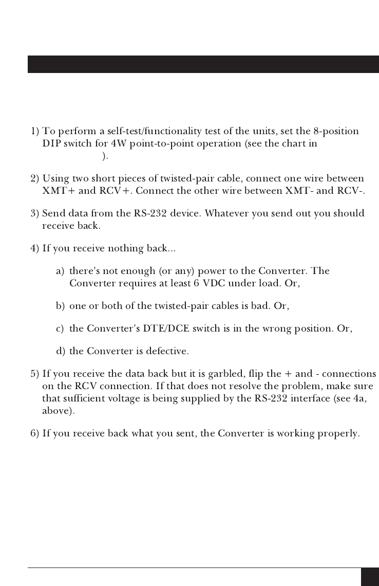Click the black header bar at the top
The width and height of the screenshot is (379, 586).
203,64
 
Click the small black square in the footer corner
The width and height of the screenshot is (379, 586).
369,577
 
